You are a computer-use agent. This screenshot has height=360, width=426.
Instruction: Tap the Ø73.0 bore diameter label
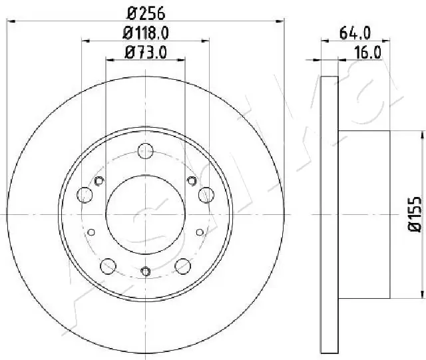[x=146, y=53]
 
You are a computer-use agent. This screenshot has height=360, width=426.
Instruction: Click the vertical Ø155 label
[x=413, y=214]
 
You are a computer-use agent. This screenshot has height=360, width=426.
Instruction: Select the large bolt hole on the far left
[x=85, y=195]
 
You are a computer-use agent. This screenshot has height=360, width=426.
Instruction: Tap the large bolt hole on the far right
[x=206, y=195]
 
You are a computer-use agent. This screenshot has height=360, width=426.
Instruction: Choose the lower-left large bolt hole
[x=107, y=267]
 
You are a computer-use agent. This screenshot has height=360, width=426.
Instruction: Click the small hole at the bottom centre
[x=146, y=270]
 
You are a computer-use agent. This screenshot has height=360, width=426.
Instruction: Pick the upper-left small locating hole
[x=100, y=181]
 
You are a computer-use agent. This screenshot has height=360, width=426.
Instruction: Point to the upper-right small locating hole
[x=192, y=181]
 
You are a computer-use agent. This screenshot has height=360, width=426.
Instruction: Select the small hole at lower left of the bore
[x=92, y=232]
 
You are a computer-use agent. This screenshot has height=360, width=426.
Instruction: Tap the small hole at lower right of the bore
[x=200, y=232]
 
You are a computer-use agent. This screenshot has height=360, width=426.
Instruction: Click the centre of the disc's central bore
[x=146, y=214]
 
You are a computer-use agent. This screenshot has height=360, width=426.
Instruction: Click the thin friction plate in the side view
[x=329, y=214]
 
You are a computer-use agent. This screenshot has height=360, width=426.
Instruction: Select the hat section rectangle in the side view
[x=363, y=214]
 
